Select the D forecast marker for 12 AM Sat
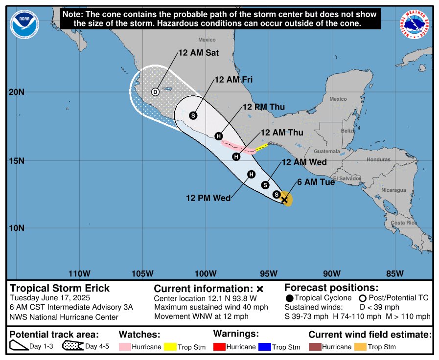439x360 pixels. tap(155, 92)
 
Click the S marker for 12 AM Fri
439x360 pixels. tap(193, 115)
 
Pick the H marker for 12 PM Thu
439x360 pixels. tap(219, 136)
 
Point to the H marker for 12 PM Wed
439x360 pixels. tap(251, 174)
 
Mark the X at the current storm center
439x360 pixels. tap(284, 200)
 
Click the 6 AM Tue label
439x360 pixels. tap(316, 182)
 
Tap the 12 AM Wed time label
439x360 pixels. tap(304, 162)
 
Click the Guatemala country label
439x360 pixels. tap(326, 152)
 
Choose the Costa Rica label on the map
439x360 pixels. tap(404, 223)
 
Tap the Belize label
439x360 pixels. tap(348, 131)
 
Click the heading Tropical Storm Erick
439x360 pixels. tap(60, 288)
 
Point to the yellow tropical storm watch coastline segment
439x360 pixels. tap(261, 146)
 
